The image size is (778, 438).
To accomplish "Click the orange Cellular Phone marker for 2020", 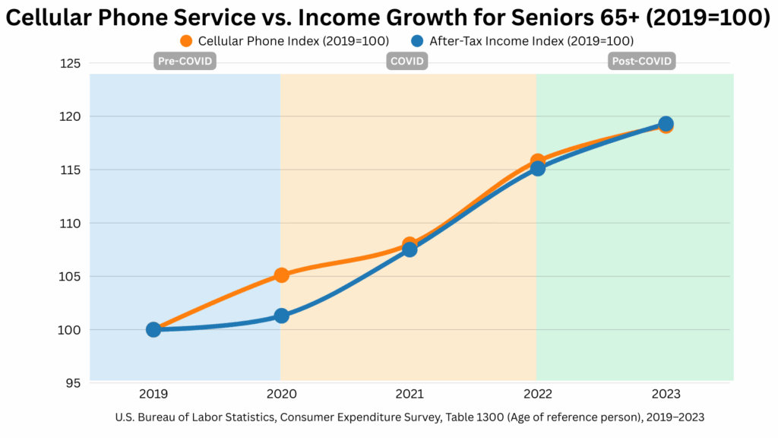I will click(x=281, y=275).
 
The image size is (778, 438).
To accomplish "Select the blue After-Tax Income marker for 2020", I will click(x=281, y=316).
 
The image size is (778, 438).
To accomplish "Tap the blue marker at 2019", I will click(x=153, y=329).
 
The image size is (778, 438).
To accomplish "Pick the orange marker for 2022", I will click(x=537, y=161).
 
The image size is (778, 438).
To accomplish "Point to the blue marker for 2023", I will click(x=666, y=124).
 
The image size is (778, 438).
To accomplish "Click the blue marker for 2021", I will click(x=410, y=249).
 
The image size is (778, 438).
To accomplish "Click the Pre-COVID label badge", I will click(x=185, y=62).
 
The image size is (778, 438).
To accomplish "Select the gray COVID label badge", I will click(x=407, y=62).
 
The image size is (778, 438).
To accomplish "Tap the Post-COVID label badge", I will click(x=642, y=62).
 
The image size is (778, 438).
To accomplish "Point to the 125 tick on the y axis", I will click(x=70, y=64).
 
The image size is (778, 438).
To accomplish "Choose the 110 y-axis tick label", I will click(x=71, y=223).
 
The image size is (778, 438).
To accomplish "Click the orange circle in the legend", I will click(x=186, y=41).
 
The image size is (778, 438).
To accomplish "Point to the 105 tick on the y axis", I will click(x=71, y=276).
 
